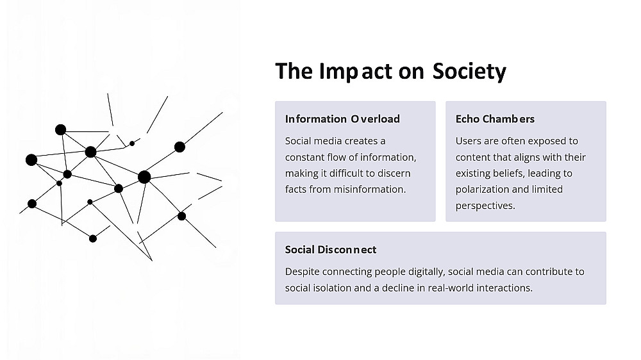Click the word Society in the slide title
[469, 71]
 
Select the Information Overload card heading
[342, 119]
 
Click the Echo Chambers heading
[495, 119]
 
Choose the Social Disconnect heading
[331, 250]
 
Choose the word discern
[394, 173]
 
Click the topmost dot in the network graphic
[60, 130]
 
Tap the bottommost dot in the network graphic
[93, 239]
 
